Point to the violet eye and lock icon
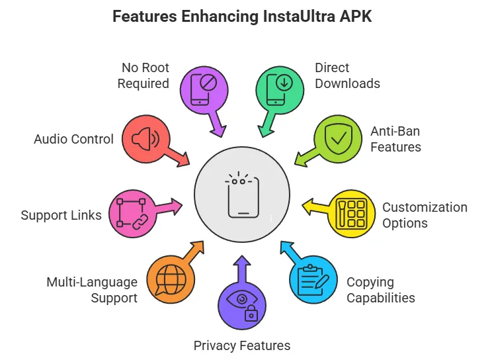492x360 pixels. pyautogui.click(x=242, y=305)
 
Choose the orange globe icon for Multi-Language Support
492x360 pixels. pyautogui.click(x=171, y=280)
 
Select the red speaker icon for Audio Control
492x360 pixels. pyautogui.click(x=145, y=139)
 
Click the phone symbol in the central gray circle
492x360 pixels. pyautogui.click(x=242, y=196)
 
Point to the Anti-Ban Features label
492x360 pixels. pyautogui.click(x=395, y=138)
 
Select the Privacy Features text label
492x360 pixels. pyautogui.click(x=242, y=345)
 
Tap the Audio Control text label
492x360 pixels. pyautogui.click(x=73, y=140)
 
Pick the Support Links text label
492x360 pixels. pyautogui.click(x=61, y=215)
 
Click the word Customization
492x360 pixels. pyautogui.click(x=425, y=207)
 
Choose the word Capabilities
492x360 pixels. pyautogui.click(x=381, y=298)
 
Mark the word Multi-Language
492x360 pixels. pyautogui.click(x=92, y=282)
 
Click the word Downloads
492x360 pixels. pyautogui.click(x=347, y=83)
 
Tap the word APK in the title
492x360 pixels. pyautogui.click(x=358, y=17)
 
